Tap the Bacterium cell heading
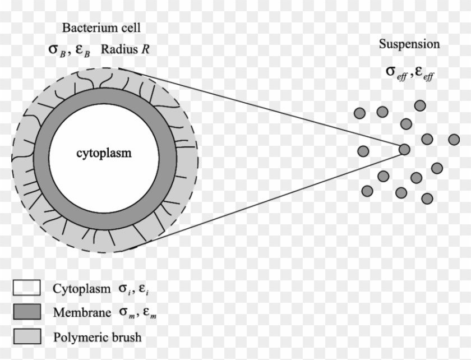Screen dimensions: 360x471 pos(101,27)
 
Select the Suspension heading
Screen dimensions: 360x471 pos(409,44)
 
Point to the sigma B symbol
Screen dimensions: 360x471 pos(57,50)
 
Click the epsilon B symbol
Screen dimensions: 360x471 pos(82,50)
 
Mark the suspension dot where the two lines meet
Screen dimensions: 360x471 pos(404,149)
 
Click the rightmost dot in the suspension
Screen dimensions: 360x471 pos(454,139)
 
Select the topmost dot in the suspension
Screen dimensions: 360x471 pos(419,105)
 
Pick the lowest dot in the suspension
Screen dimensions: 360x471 pos(427,197)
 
